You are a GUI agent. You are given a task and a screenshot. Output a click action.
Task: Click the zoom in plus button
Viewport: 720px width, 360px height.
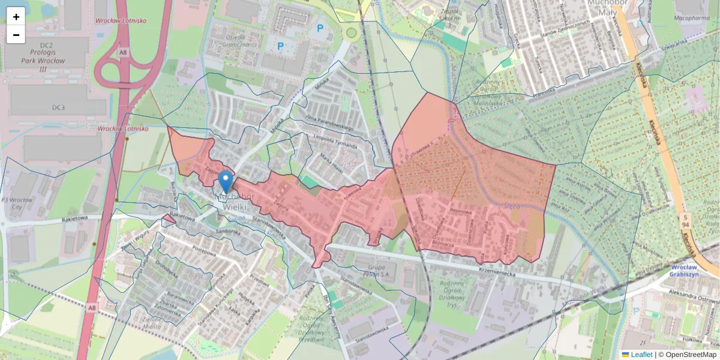pyautogui.click(x=16, y=17)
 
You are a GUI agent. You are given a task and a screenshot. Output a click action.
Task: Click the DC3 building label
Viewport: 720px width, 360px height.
pyautogui.click(x=58, y=107)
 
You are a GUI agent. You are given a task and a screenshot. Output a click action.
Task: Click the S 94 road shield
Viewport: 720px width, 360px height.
pyautogui.click(x=684, y=221)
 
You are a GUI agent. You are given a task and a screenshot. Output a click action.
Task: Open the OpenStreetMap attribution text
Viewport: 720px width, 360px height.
pyautogui.click(x=687, y=355)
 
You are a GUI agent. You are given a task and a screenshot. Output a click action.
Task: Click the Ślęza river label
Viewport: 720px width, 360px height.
pyautogui.click(x=512, y=205)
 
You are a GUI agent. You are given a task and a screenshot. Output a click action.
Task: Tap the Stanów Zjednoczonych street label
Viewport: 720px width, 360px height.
pyautogui.click(x=565, y=29)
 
